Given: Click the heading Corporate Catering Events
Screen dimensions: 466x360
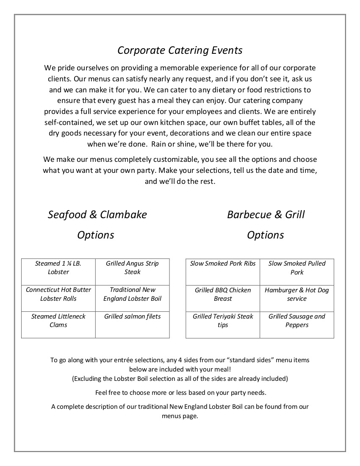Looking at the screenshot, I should click(x=180, y=50).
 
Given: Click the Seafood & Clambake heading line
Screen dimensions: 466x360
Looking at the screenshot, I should click(x=97, y=214).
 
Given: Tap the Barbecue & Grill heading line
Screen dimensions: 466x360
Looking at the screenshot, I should click(x=266, y=214).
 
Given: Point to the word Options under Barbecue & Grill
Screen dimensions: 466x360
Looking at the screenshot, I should click(x=266, y=235).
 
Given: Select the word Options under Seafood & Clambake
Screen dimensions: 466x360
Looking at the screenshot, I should click(x=96, y=235).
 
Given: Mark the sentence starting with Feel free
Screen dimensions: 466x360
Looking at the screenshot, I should click(x=180, y=392).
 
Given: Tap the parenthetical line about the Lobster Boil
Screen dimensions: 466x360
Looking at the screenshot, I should click(x=180, y=378).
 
